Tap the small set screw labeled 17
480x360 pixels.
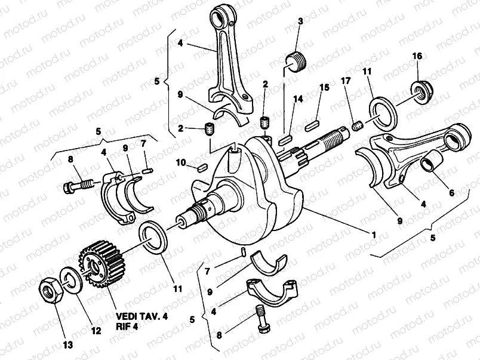pyautogui.click(x=359, y=127)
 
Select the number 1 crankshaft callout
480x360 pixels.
pyautogui.click(x=373, y=235)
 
